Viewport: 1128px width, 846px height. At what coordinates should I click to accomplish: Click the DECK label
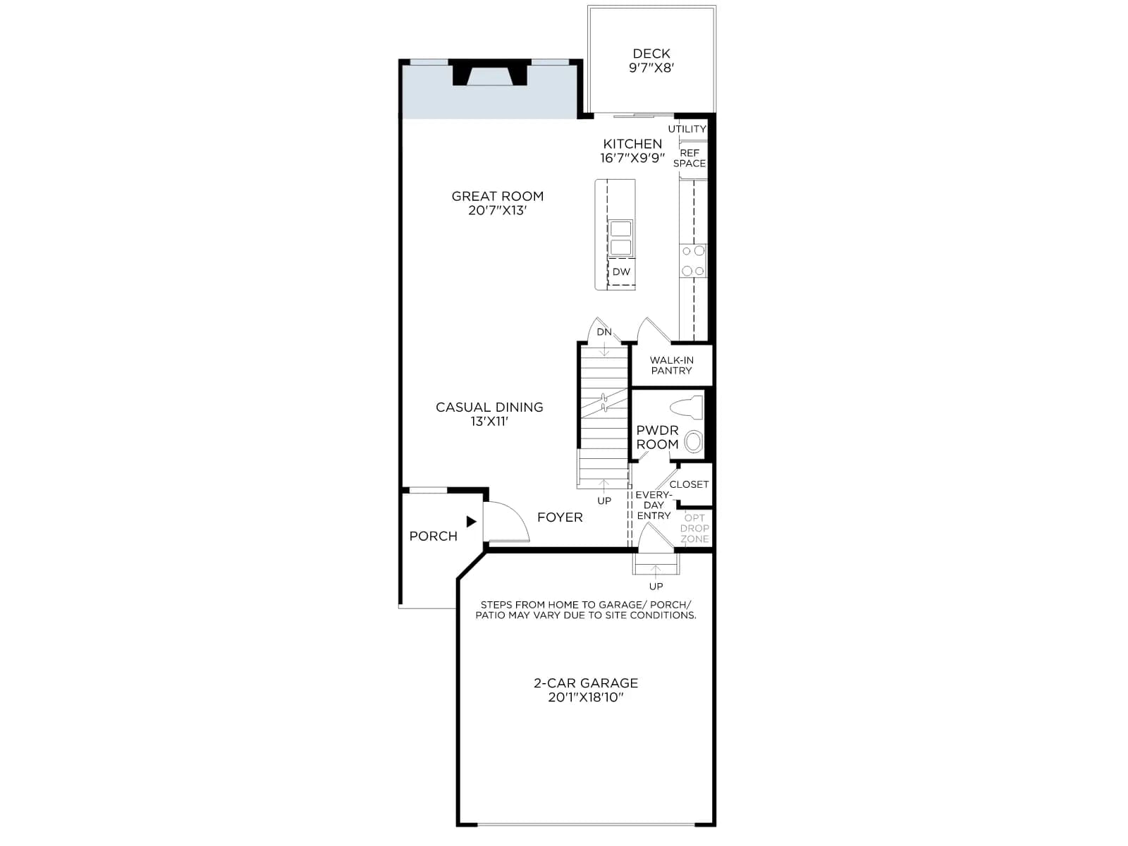[651, 54]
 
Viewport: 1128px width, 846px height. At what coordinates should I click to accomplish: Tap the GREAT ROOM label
[498, 196]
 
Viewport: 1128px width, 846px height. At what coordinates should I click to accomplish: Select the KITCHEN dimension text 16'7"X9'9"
[632, 158]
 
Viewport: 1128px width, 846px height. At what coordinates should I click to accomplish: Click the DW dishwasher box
[621, 271]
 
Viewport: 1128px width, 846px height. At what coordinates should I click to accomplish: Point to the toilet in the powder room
[687, 407]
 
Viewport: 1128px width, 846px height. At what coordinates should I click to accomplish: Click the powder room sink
[693, 441]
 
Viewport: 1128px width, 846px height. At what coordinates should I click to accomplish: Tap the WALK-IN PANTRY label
[671, 365]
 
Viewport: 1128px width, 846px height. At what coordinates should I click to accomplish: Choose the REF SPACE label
[689, 158]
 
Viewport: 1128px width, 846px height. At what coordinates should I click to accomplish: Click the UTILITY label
[687, 129]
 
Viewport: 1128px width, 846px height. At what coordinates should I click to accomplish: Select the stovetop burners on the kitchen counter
[693, 261]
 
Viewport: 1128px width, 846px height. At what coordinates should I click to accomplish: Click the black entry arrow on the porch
[471, 522]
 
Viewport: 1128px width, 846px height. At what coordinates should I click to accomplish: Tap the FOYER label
[560, 517]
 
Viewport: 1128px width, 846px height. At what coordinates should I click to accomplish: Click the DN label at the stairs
[604, 332]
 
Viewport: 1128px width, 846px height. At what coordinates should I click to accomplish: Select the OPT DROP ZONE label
[695, 528]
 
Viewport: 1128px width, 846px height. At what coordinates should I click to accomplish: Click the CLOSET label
[689, 484]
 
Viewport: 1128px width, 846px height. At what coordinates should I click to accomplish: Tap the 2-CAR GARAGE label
[586, 683]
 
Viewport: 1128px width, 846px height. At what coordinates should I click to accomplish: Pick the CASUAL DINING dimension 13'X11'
[489, 422]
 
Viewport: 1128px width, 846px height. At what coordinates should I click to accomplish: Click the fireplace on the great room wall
[490, 73]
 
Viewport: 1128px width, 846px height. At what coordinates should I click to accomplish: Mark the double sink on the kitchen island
[621, 238]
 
